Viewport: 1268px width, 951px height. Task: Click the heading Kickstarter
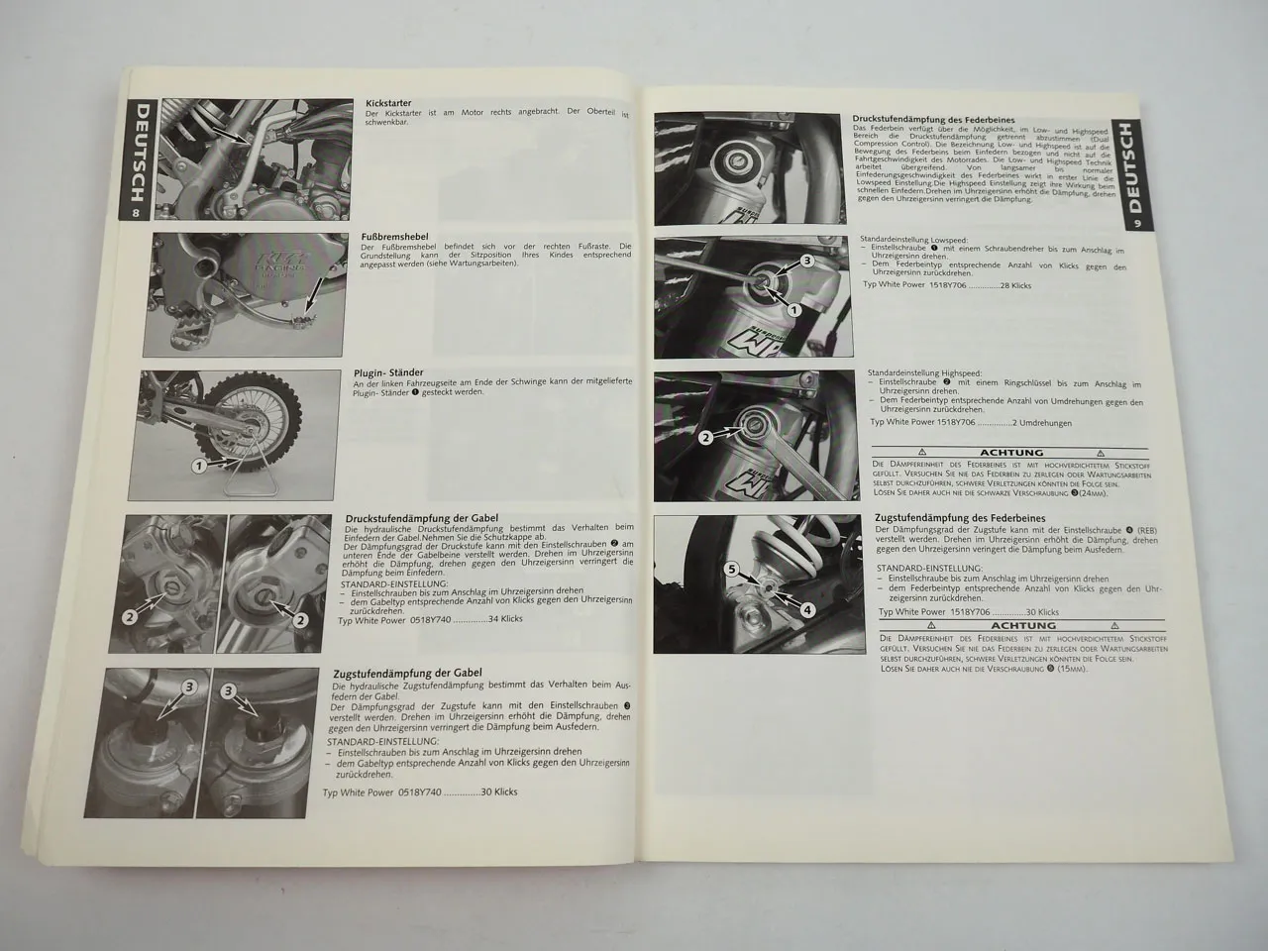click(x=388, y=103)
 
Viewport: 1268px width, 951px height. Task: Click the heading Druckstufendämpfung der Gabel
click(x=421, y=518)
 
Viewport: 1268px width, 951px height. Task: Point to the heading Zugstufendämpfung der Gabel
click(x=407, y=672)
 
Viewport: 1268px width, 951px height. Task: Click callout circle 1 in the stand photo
click(x=197, y=464)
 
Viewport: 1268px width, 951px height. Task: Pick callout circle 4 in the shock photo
click(x=807, y=610)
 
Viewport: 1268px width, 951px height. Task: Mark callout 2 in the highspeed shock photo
click(x=704, y=436)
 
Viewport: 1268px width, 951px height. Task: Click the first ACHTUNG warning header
click(x=1004, y=452)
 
